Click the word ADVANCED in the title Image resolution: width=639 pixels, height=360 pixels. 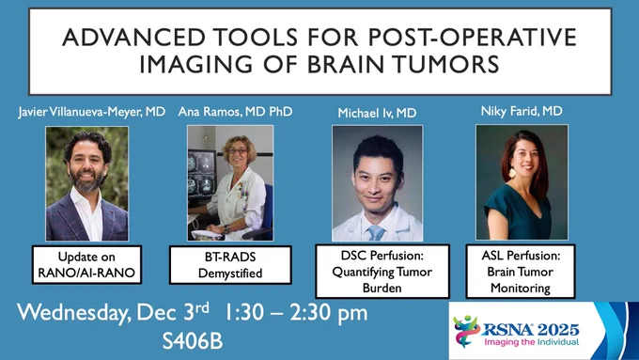133,37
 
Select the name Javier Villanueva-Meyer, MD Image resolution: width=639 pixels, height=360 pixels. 92,112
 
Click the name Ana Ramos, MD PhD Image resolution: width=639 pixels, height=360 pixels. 235,111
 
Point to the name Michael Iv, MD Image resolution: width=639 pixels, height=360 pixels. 377,113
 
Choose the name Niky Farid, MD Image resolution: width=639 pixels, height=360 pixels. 522,111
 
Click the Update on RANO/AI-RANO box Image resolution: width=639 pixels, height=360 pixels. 86,265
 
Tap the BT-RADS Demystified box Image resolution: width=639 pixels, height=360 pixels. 230,265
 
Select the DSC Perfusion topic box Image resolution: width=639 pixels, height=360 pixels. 382,271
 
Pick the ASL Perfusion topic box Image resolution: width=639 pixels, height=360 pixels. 521,271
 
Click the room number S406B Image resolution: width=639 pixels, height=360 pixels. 193,341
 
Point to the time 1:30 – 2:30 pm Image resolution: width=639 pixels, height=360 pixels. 296,313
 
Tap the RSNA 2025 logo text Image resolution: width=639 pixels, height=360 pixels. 531,329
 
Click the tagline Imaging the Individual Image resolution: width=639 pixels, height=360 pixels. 532,342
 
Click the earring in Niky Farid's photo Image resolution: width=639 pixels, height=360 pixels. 512,172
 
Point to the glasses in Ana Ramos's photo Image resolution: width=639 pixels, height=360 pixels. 238,151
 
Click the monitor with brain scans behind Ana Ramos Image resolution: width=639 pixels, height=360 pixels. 202,173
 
